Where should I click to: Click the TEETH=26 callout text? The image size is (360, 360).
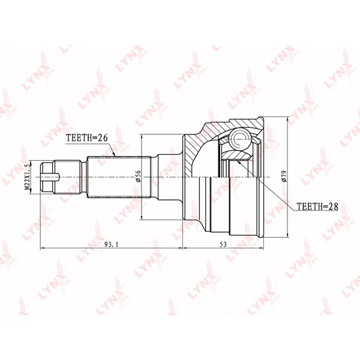tap(87, 137)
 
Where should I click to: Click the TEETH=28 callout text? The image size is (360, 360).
tap(317, 206)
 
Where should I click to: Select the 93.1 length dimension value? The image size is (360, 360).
tap(112, 245)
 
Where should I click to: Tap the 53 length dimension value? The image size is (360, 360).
tap(223, 245)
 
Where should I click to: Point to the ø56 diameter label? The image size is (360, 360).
tap(138, 176)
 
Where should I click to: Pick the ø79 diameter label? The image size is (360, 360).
tap(284, 176)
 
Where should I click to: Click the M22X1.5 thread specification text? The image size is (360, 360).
tap(27, 177)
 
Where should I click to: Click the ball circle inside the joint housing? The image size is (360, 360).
tap(241, 139)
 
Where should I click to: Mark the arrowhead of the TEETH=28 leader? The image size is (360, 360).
tap(239, 162)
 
